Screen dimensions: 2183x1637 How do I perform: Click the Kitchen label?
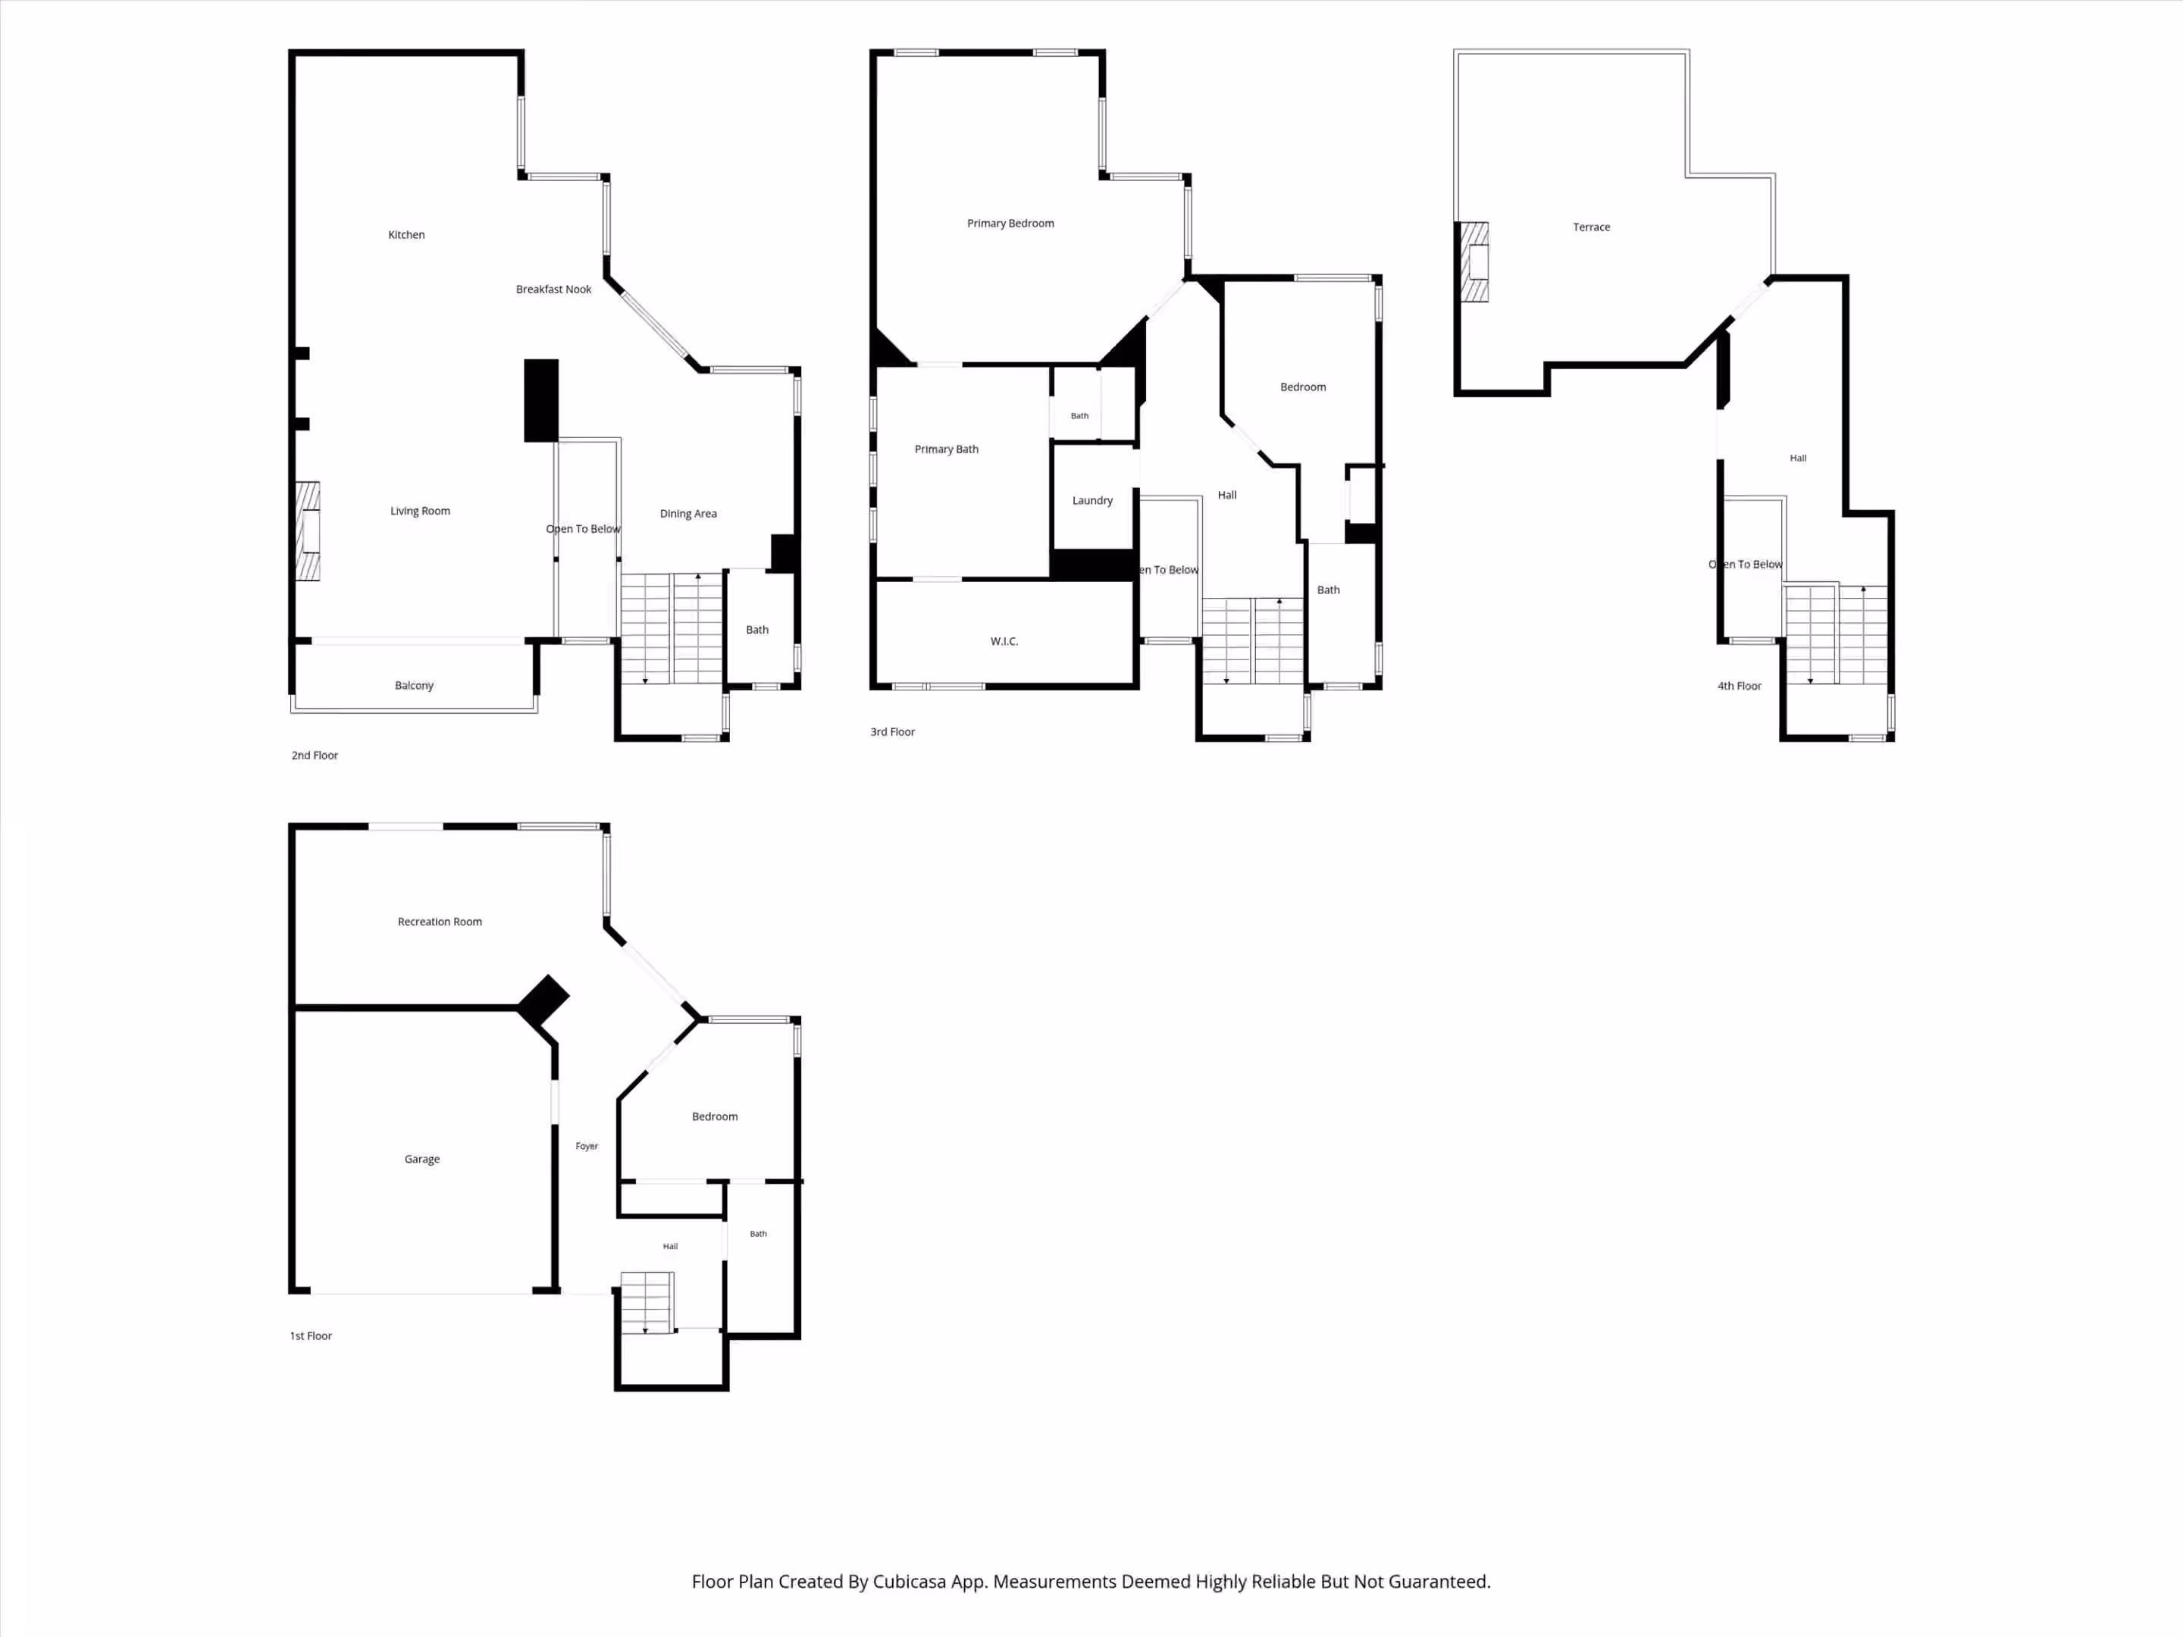click(406, 235)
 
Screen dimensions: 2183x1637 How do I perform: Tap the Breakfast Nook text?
click(553, 289)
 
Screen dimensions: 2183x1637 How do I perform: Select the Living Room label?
click(421, 511)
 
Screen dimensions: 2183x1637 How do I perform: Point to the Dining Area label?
click(689, 514)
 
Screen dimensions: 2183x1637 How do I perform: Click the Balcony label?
click(415, 686)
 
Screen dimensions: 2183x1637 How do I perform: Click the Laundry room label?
click(1092, 501)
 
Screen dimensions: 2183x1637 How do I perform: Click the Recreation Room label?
click(440, 922)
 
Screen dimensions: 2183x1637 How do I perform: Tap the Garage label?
click(422, 1160)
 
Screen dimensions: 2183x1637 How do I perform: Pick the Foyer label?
click(587, 1147)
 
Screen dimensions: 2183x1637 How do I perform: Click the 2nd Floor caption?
click(315, 756)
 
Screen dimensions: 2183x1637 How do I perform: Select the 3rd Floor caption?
click(893, 732)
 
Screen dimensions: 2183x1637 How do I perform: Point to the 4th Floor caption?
click(1740, 687)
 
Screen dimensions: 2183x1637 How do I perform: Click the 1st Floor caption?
click(311, 1336)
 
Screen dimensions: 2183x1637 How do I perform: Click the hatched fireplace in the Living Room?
click(308, 531)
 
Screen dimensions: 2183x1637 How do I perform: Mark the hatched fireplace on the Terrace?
click(1474, 261)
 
